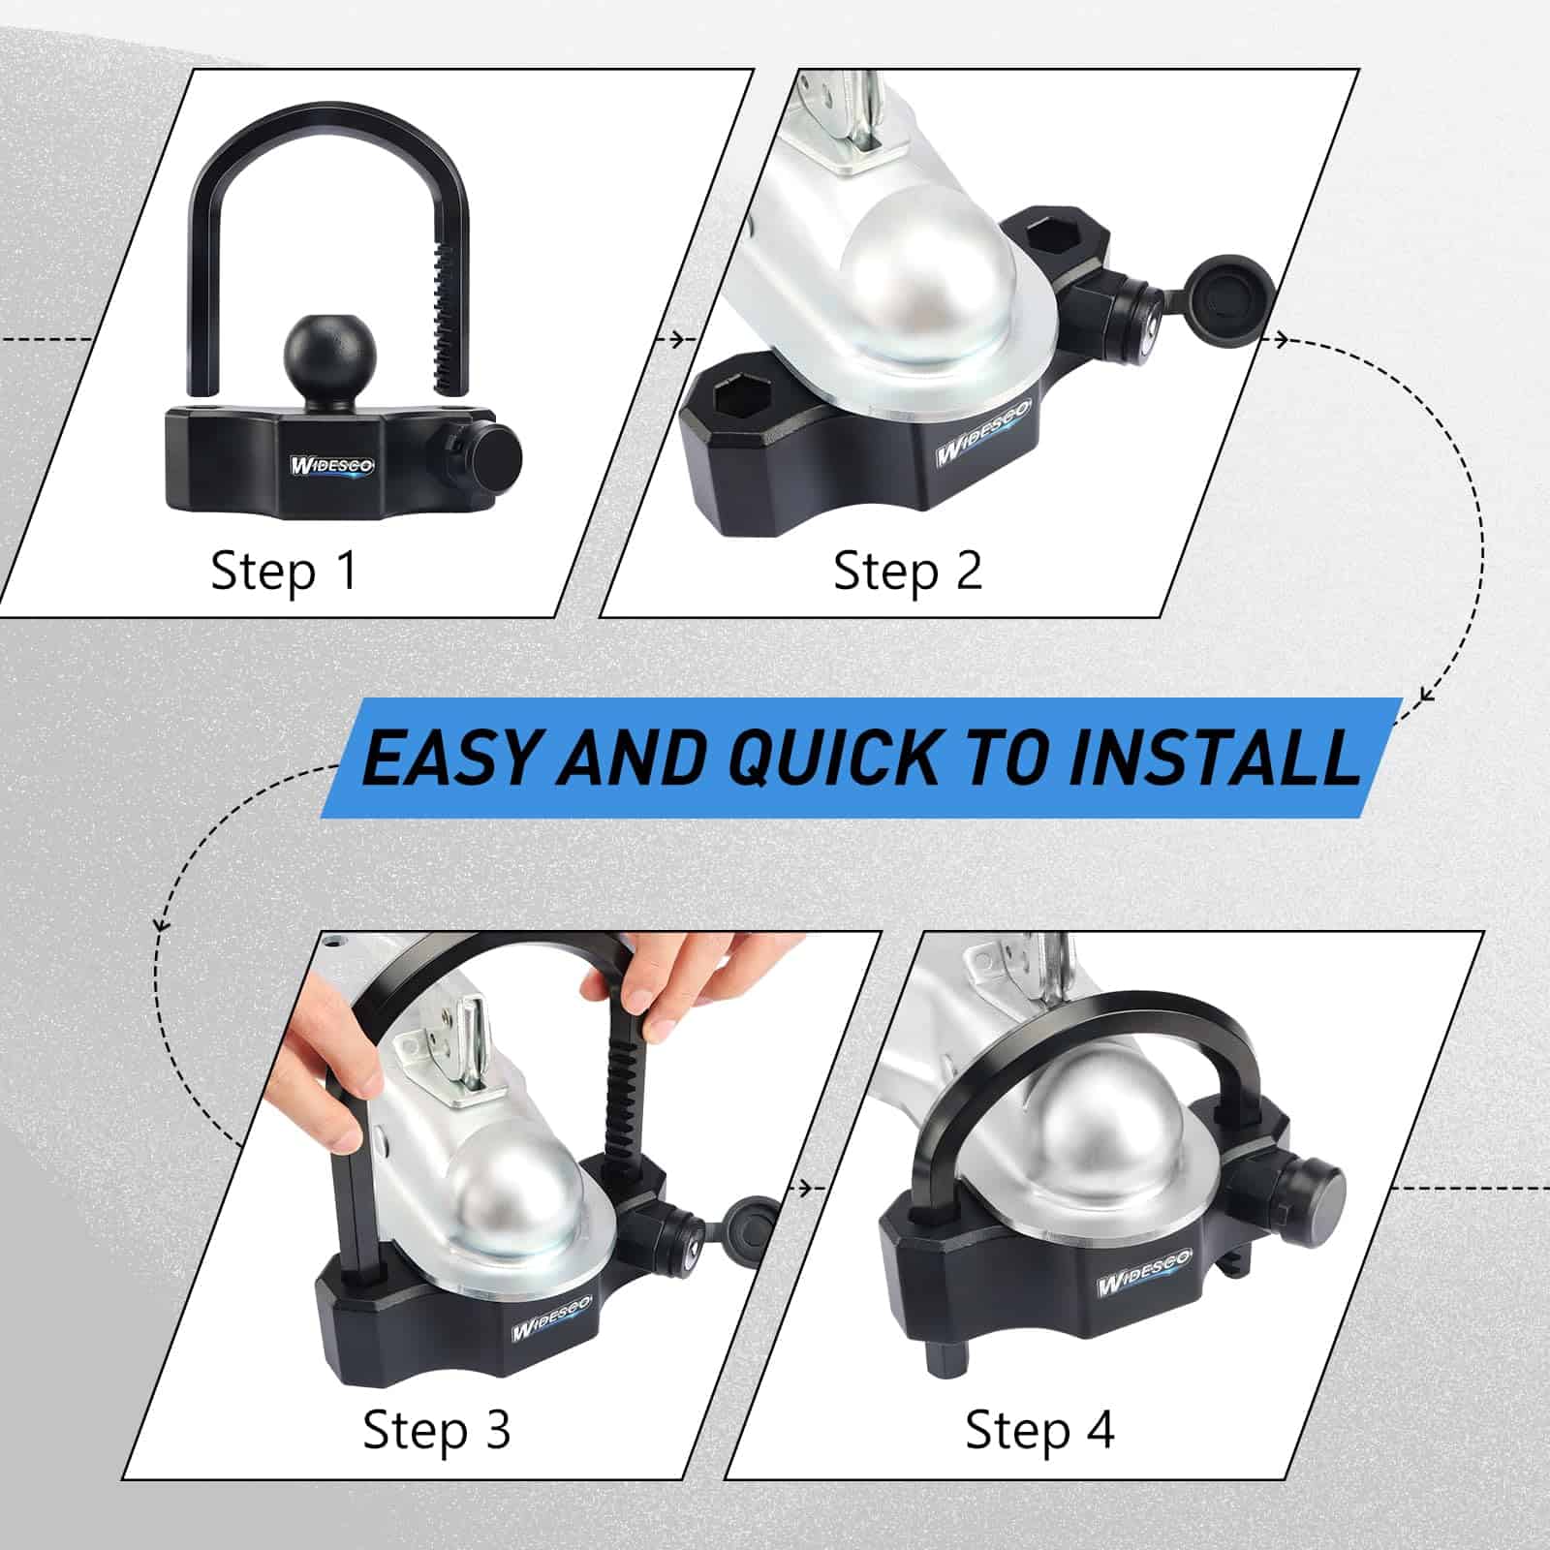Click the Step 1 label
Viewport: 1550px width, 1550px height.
(x=284, y=570)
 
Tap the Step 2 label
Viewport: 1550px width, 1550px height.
(x=908, y=570)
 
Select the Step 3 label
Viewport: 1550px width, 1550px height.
(x=437, y=1430)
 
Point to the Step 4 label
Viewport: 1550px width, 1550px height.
(x=1039, y=1430)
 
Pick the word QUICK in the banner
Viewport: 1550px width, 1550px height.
(x=834, y=757)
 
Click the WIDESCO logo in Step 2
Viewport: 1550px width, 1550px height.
(x=981, y=445)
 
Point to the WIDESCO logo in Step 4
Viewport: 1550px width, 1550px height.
(x=1144, y=1271)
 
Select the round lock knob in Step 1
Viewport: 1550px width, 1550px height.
(x=493, y=453)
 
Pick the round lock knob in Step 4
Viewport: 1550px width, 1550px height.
(x=1313, y=1193)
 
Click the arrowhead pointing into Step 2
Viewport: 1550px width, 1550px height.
(x=688, y=339)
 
